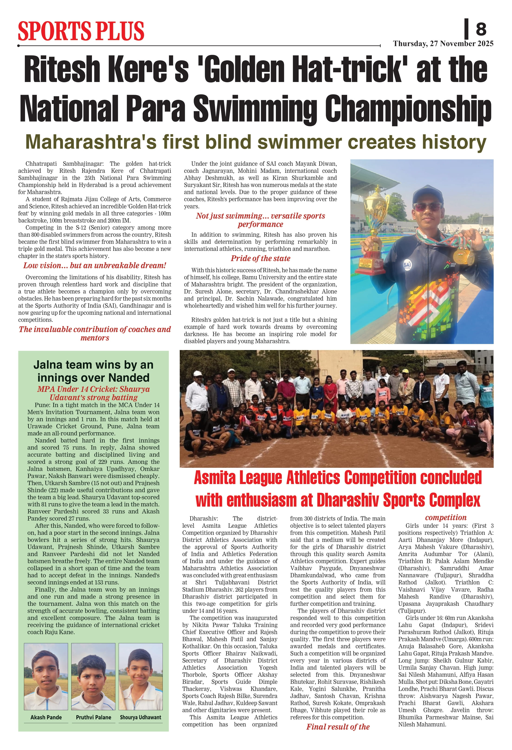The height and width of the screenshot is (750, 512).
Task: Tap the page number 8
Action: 480,29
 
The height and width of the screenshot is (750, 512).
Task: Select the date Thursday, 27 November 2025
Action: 443,44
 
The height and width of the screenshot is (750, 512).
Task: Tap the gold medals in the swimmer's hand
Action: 464,255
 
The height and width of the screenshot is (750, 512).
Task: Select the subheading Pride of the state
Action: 260,258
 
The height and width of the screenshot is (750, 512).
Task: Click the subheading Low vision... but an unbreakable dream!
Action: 95,265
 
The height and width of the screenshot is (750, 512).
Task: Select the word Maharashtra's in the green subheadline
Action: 91,142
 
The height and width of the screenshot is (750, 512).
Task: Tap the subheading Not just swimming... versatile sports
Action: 260,216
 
